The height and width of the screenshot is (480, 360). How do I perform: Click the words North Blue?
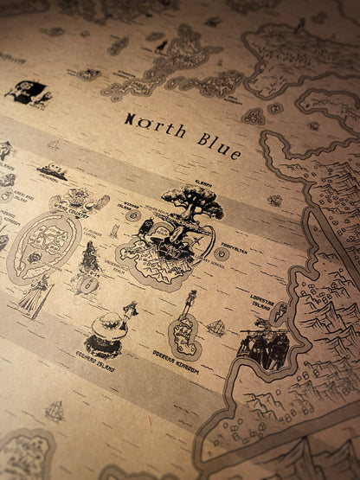click(182, 133)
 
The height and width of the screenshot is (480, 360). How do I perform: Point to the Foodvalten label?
click(227, 244)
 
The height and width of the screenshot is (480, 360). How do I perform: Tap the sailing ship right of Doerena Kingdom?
click(215, 329)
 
